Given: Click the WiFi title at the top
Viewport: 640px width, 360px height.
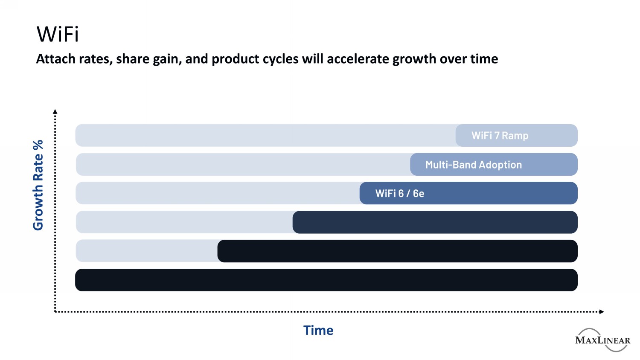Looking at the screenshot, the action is (x=58, y=34).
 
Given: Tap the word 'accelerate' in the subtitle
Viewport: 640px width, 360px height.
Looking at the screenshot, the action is (x=358, y=59).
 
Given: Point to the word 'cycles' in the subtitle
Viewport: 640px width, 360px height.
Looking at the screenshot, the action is (x=281, y=59).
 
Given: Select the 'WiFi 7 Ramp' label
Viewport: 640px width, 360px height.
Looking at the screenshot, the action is (x=500, y=136).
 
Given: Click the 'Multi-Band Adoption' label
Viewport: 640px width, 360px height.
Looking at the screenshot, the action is (x=474, y=165).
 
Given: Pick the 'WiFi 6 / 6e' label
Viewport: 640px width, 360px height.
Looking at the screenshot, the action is (x=399, y=193).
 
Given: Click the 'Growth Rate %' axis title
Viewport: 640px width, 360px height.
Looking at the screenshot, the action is (x=38, y=185).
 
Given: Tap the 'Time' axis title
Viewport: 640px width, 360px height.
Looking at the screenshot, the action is (x=318, y=330).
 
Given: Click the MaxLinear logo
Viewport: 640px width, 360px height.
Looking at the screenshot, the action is (x=602, y=340).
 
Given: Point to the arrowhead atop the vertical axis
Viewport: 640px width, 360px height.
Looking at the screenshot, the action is (x=55, y=111).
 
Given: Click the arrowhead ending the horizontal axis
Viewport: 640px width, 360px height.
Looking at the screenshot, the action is (x=602, y=311).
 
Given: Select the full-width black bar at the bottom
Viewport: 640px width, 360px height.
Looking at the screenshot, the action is (x=326, y=280).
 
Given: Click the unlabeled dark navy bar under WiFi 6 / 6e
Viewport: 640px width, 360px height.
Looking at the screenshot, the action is (x=435, y=222).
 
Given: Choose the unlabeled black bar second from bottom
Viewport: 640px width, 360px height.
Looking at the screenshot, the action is (x=397, y=251).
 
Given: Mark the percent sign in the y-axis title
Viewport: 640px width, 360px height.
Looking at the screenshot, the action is (x=38, y=145).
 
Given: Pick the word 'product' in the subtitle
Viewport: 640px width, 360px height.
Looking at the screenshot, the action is (x=235, y=59).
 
